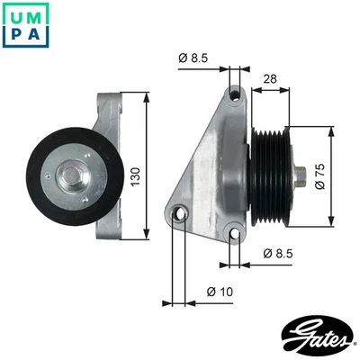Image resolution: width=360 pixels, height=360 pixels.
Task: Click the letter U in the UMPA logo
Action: [x=15, y=15]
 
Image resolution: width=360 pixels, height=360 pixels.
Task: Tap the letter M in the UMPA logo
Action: [x=38, y=15]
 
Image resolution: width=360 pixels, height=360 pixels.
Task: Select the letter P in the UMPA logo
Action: [x=15, y=37]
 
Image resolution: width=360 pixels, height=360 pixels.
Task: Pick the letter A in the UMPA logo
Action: [x=38, y=37]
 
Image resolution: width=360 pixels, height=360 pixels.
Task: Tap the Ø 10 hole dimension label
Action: [x=219, y=292]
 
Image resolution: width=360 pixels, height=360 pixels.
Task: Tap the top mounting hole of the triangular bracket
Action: [x=235, y=94]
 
